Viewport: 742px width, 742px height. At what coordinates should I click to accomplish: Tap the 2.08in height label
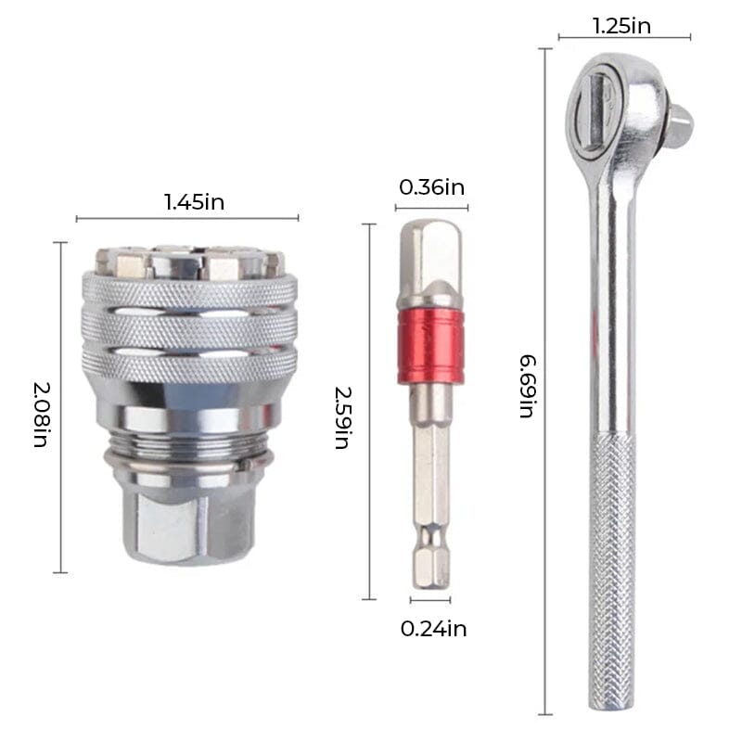[x=41, y=407]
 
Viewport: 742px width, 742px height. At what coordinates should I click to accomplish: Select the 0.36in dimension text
[x=431, y=187]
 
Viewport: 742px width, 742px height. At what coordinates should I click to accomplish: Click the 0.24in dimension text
[x=433, y=629]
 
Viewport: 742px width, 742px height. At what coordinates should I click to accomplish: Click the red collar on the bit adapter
[x=430, y=346]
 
